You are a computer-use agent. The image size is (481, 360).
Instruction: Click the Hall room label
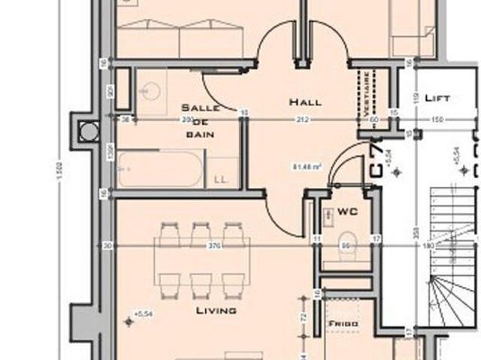(305, 101)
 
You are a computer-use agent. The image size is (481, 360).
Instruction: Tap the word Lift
(437, 98)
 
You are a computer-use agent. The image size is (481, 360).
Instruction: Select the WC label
(347, 213)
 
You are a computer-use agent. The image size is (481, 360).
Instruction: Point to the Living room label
(216, 310)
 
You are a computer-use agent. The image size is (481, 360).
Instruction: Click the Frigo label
(342, 324)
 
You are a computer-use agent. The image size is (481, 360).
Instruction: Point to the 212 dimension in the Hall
(302, 119)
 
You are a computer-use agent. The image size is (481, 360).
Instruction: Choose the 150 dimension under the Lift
(437, 119)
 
